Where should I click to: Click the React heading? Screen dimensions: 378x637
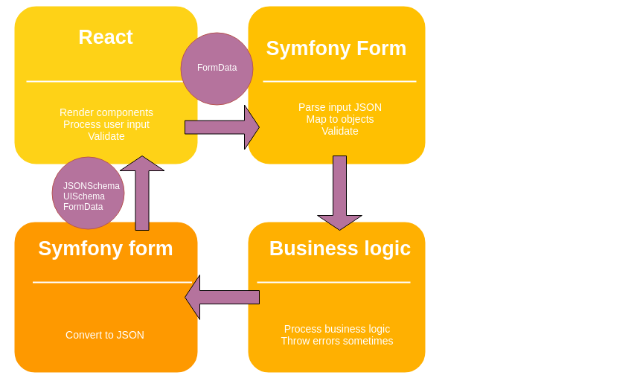tap(106, 37)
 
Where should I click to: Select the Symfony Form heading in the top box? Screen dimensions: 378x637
tap(336, 48)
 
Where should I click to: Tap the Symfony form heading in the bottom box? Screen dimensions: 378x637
tap(106, 249)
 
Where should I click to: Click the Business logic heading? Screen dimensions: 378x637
tap(339, 249)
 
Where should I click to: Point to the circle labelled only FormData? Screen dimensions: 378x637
tap(217, 68)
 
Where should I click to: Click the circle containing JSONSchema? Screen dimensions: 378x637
tap(88, 193)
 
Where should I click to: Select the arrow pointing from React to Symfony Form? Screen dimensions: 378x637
tap(222, 127)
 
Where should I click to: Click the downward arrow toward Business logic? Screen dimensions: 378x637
tap(339, 192)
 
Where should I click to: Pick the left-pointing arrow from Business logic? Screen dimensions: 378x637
tap(222, 297)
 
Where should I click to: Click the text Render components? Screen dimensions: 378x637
tap(106, 112)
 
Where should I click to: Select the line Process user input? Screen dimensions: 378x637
tap(106, 124)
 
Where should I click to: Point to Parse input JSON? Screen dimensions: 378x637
tap(340, 107)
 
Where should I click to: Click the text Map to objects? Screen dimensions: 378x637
tap(340, 119)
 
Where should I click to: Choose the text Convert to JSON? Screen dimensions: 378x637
tap(105, 335)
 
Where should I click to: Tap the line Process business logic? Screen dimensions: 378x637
tap(337, 329)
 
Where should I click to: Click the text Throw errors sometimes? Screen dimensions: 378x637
tap(337, 341)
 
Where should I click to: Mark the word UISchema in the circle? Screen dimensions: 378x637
tap(84, 196)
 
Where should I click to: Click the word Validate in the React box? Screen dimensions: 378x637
tap(106, 136)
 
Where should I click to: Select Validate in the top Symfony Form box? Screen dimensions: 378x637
tap(340, 131)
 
